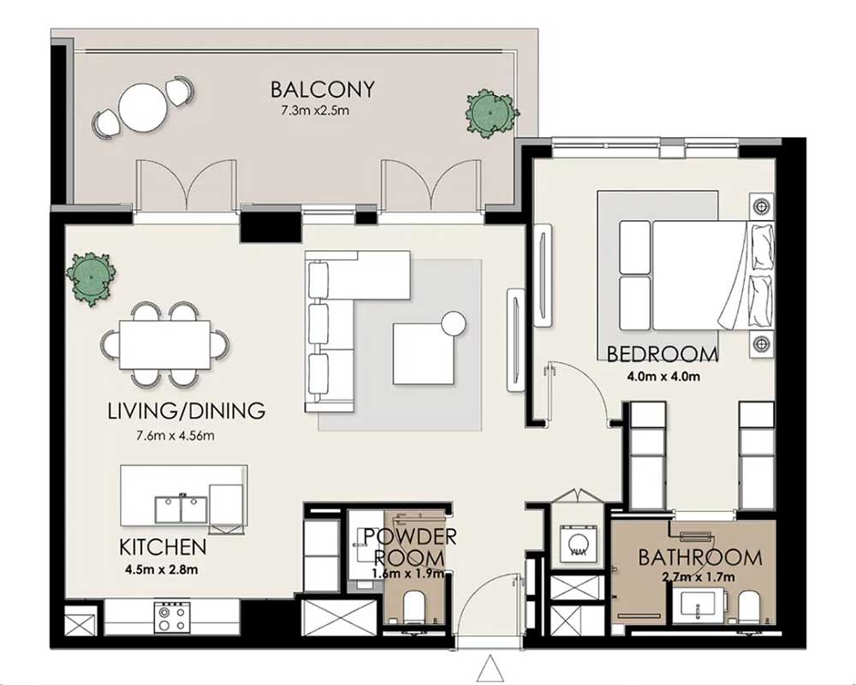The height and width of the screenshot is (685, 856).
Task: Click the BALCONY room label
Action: [323, 89]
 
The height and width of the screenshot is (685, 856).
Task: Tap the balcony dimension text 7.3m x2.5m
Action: [315, 111]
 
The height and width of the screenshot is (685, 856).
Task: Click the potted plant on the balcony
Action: [491, 113]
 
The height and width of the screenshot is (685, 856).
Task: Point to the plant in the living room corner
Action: [91, 278]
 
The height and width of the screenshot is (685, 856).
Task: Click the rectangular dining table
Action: [165, 345]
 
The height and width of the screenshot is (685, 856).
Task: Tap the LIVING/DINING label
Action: [187, 411]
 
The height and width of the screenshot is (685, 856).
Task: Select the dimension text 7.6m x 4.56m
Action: [175, 436]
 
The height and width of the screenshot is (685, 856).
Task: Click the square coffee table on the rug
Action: [424, 354]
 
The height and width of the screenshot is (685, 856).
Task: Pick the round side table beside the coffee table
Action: [454, 324]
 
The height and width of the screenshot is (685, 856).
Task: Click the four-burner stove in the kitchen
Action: [172, 617]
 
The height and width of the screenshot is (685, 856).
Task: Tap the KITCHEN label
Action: [163, 547]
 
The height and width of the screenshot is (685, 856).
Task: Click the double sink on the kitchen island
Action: [181, 509]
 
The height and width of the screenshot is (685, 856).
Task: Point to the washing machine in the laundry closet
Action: [576, 543]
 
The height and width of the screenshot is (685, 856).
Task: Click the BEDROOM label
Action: [663, 354]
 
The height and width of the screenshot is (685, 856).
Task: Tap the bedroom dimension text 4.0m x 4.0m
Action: [663, 377]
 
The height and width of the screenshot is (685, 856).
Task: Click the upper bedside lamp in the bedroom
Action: [760, 206]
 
